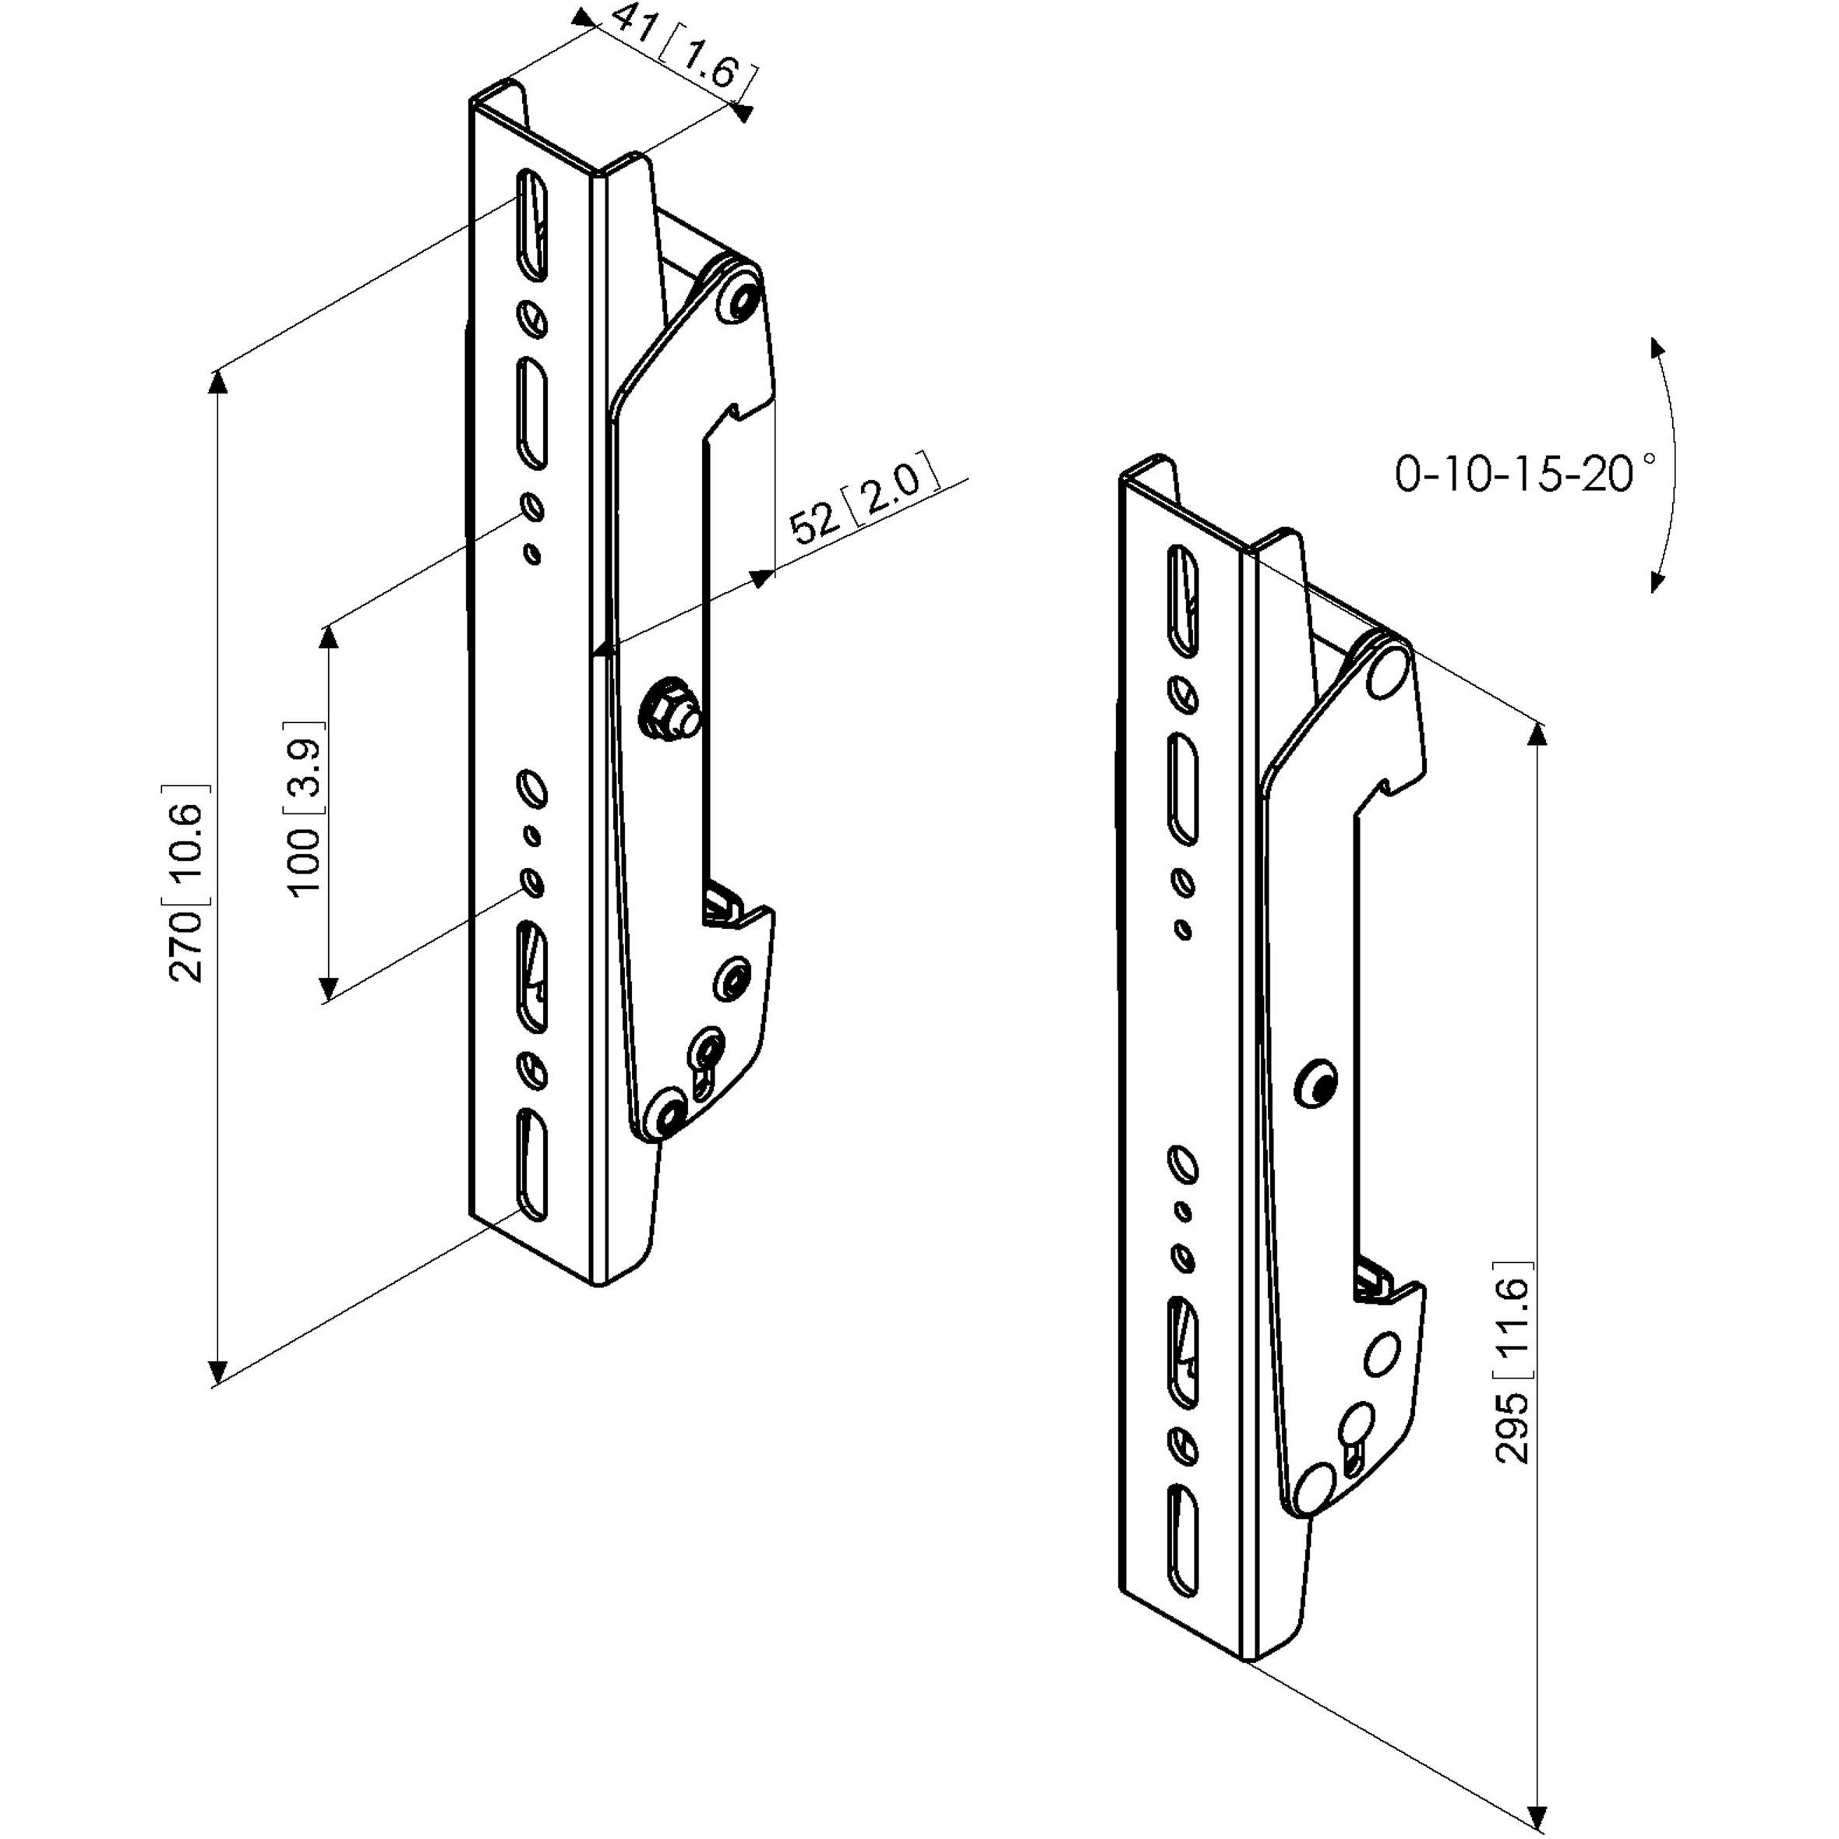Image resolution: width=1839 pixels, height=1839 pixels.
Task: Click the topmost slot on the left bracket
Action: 532,224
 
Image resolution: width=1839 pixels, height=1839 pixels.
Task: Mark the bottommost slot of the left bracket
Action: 532,1164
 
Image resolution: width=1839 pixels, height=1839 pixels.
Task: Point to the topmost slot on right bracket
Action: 1182,601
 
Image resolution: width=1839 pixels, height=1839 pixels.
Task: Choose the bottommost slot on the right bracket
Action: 1182,1551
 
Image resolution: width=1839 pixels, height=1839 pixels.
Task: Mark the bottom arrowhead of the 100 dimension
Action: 328,988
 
